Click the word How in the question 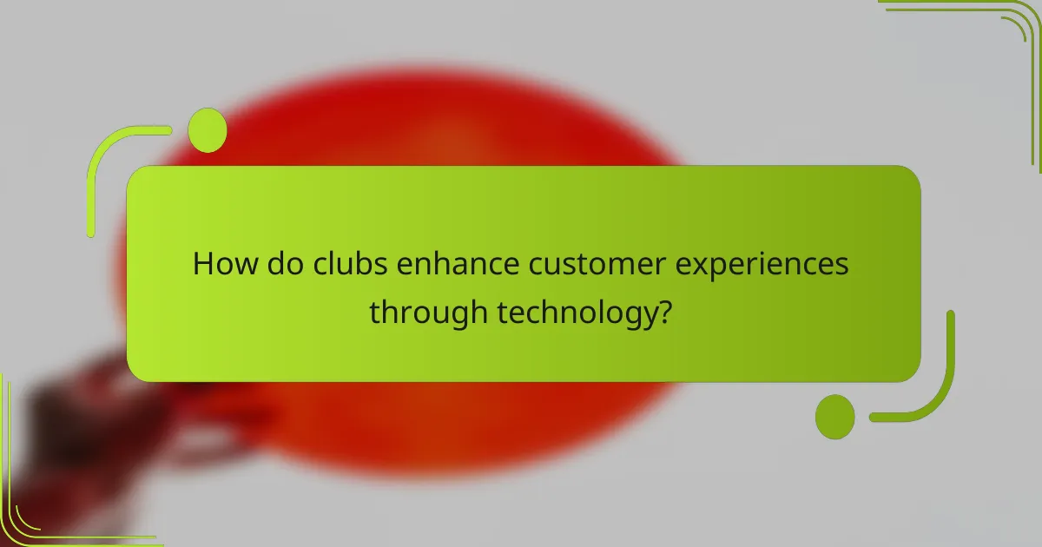pyautogui.click(x=222, y=263)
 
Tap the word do pyautogui.click(x=280, y=263)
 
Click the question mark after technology pyautogui.click(x=664, y=311)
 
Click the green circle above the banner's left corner pyautogui.click(x=208, y=130)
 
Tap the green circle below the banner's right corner pyautogui.click(x=835, y=416)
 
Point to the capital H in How pyautogui.click(x=202, y=263)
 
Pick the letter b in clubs pyautogui.click(x=357, y=263)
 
